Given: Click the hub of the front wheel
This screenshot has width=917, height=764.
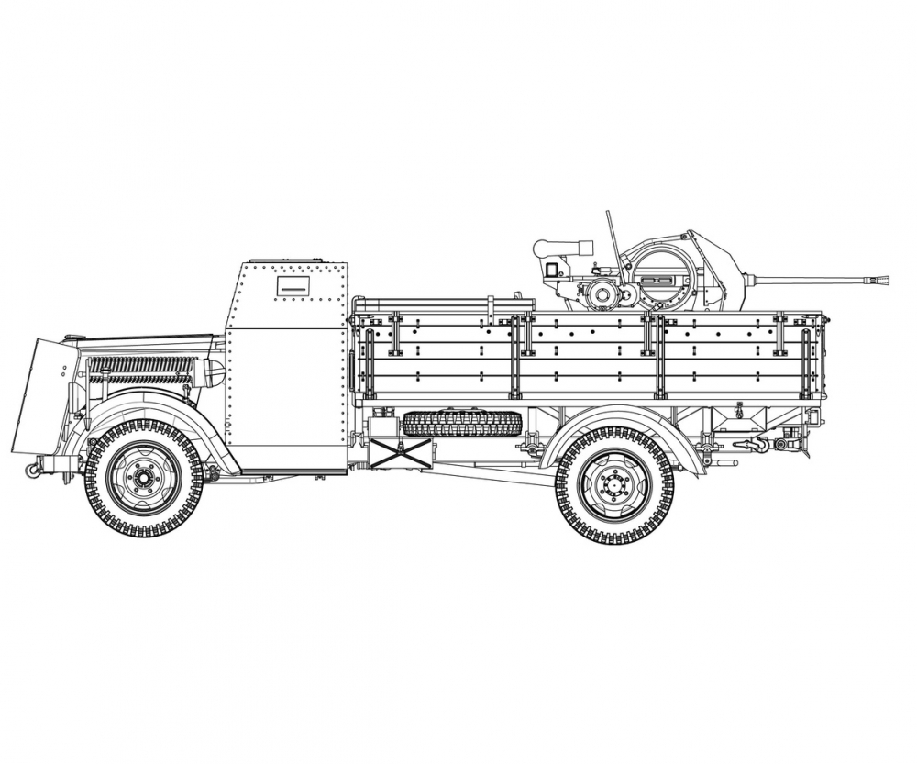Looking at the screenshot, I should (x=143, y=478).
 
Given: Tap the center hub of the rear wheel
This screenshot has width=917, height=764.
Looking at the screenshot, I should (x=613, y=485).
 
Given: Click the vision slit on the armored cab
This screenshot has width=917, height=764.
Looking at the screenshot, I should (x=293, y=289).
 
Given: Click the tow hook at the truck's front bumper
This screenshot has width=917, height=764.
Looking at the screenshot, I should (x=33, y=470).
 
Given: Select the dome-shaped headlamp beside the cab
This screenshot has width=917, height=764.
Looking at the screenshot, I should (x=215, y=372).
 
